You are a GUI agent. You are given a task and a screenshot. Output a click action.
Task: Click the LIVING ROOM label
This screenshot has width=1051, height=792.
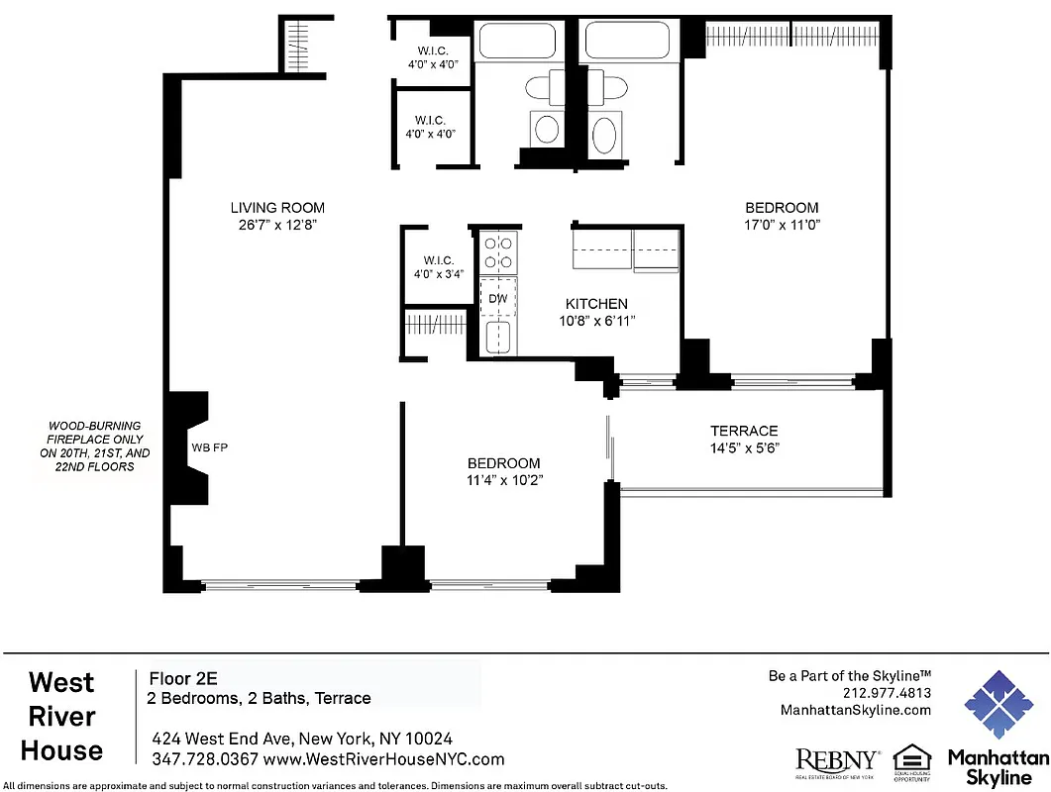click(277, 208)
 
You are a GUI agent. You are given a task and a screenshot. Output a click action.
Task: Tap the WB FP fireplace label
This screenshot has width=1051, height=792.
click(209, 447)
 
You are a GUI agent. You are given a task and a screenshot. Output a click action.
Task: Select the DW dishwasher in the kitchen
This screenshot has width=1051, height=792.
click(497, 298)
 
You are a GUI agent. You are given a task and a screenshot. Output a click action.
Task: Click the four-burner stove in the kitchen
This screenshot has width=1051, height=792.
click(497, 252)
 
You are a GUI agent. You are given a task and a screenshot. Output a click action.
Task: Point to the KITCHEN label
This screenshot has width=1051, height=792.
click(595, 304)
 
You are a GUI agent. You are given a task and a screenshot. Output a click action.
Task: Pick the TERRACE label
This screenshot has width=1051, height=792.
click(743, 431)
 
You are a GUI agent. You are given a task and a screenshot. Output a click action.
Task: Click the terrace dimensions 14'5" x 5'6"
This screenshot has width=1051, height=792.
click(743, 447)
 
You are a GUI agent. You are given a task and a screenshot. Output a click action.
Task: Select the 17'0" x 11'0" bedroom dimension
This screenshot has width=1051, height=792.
click(782, 225)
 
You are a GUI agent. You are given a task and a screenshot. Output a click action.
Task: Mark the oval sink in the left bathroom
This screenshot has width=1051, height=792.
click(546, 128)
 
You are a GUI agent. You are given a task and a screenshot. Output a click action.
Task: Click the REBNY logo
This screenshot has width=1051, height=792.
click(837, 760)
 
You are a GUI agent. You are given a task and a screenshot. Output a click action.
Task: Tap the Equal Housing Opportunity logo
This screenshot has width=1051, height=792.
click(911, 760)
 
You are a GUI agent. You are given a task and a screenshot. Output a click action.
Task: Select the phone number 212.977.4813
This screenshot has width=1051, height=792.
click(887, 693)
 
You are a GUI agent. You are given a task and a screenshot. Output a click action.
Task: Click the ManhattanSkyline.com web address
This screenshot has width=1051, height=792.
click(856, 710)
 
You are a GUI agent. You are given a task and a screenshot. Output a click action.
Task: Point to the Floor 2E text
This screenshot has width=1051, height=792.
click(182, 679)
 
